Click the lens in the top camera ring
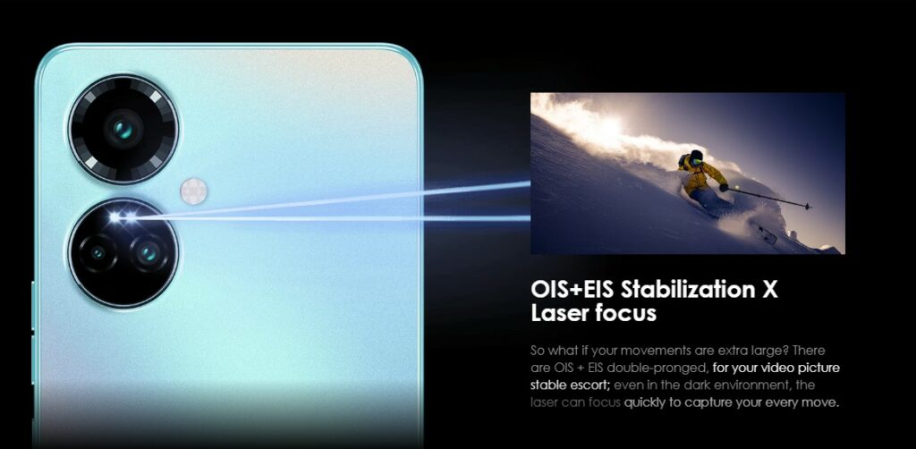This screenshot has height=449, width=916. click(x=123, y=129)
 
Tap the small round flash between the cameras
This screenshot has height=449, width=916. click(x=193, y=191)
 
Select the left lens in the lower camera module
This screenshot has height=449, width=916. click(x=97, y=253)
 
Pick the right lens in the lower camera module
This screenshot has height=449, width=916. click(x=149, y=252)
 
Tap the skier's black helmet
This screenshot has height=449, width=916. click(x=695, y=157)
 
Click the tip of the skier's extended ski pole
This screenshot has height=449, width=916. click(x=809, y=206)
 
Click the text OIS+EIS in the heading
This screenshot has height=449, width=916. click(x=572, y=289)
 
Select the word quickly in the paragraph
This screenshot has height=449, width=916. click(x=646, y=402)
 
